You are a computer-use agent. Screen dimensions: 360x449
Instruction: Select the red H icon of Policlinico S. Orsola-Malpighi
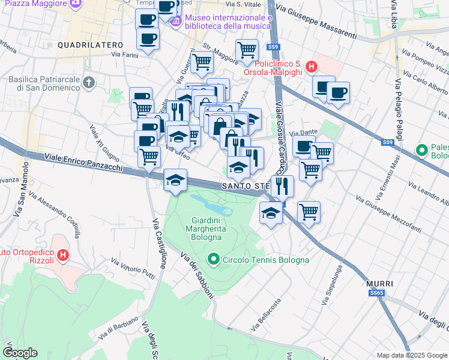(312, 67)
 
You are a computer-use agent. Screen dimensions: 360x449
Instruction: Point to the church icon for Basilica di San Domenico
(89, 82)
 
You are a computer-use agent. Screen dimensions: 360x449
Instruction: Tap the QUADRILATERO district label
(90, 45)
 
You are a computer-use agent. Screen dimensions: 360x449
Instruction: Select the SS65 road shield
(376, 293)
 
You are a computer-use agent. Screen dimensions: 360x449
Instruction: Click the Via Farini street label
(124, 55)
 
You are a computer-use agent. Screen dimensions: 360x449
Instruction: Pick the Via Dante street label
(303, 133)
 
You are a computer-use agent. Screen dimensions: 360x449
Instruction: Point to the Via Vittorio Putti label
(133, 269)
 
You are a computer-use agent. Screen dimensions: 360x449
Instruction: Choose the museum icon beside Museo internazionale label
(176, 22)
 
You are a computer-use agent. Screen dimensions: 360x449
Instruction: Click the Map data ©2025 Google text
(411, 355)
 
